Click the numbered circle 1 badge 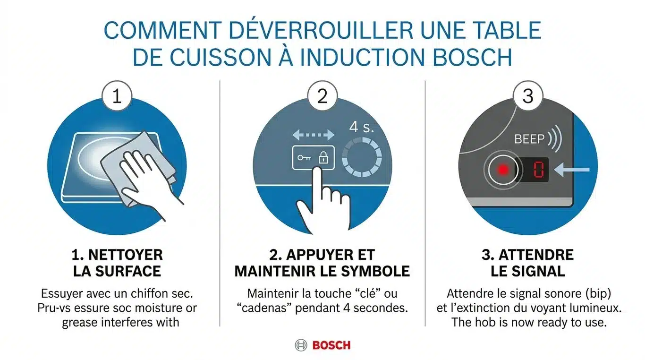tap(116, 96)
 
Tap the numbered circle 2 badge tap(322, 96)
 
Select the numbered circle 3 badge tap(528, 96)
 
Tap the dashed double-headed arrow tap(313, 135)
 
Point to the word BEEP tap(529, 139)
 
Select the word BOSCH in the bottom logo tap(331, 345)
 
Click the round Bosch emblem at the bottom tap(301, 345)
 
